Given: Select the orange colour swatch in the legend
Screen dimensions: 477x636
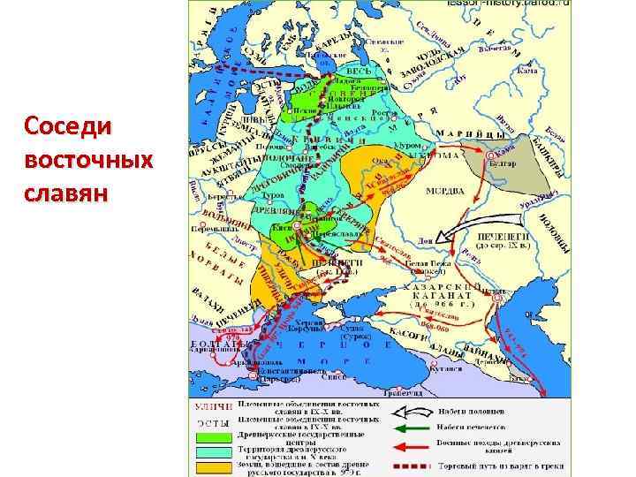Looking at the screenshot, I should (x=211, y=465).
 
